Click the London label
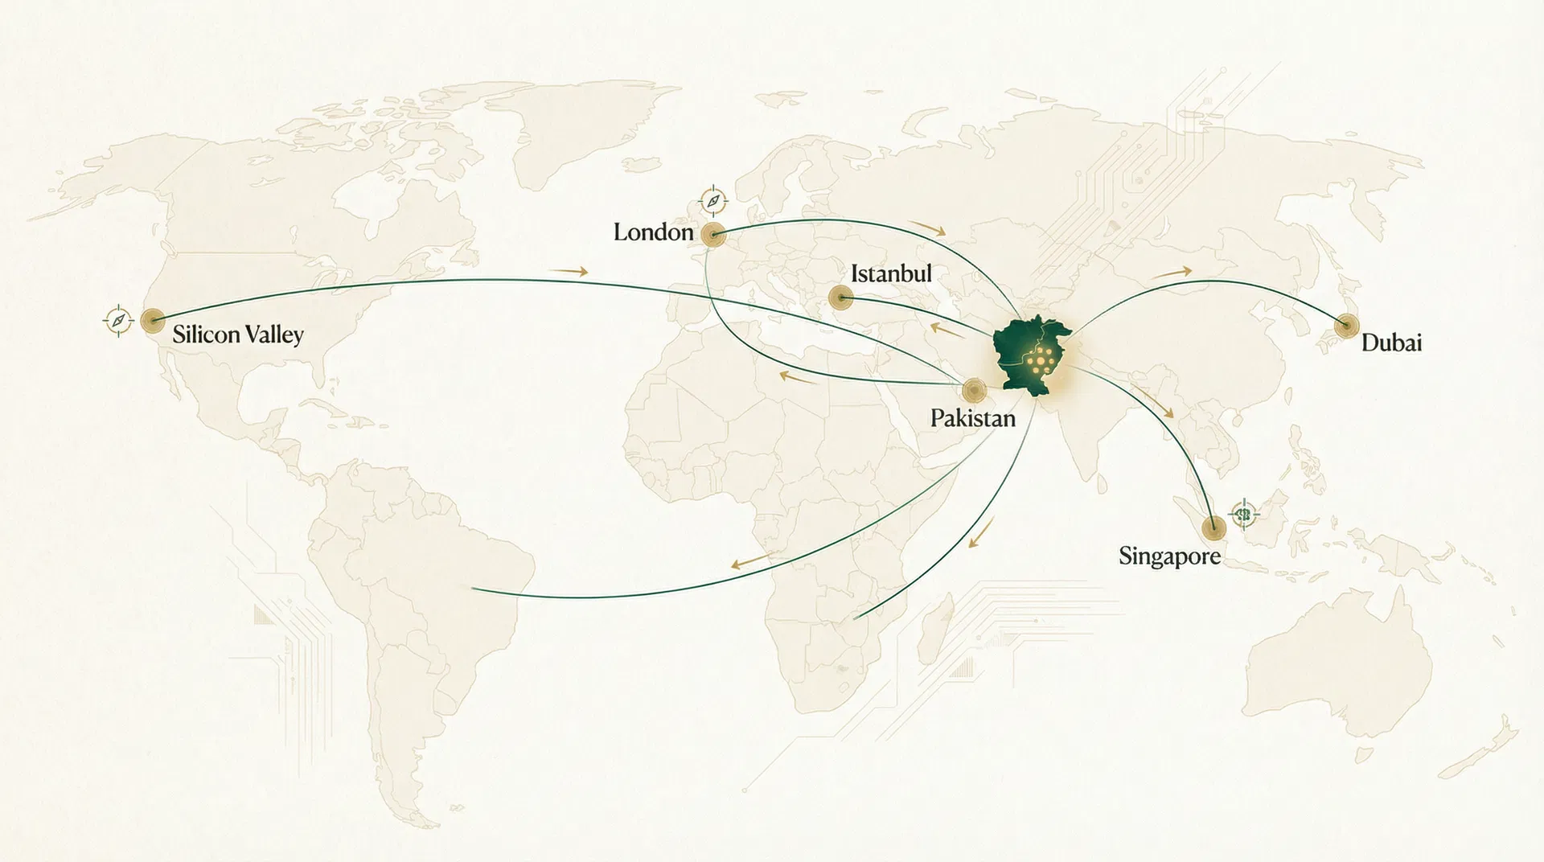(x=653, y=232)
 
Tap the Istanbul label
(x=891, y=273)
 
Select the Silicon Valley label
(x=238, y=335)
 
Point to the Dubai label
(x=1391, y=343)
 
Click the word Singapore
(x=1169, y=556)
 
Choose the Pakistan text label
(x=972, y=418)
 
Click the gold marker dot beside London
(x=712, y=235)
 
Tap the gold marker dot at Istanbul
(x=840, y=298)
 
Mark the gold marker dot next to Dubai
(x=1345, y=326)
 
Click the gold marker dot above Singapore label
(x=1213, y=527)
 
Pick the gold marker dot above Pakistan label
(x=974, y=391)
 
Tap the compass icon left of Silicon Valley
(x=118, y=321)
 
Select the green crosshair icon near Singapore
(x=1243, y=512)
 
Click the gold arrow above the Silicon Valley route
(x=569, y=272)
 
